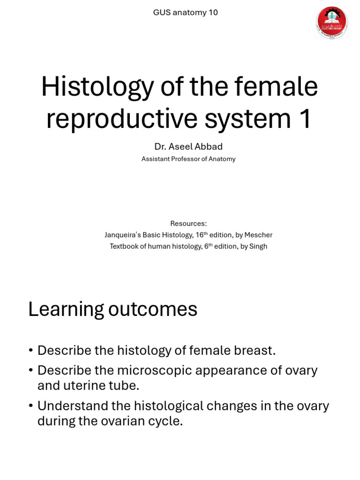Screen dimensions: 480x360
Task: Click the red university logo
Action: [x=332, y=22]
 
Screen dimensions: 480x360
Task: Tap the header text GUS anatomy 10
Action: [x=185, y=13]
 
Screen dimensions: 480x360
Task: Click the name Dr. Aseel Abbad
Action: [x=188, y=147]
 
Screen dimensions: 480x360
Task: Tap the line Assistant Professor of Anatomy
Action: [x=188, y=159]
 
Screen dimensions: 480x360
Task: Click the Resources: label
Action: [x=188, y=224]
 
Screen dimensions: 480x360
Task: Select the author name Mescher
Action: [x=258, y=235]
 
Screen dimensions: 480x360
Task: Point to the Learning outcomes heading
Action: [x=112, y=309]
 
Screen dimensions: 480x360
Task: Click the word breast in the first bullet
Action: [x=255, y=351]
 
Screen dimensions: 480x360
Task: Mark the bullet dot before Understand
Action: [x=30, y=406]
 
